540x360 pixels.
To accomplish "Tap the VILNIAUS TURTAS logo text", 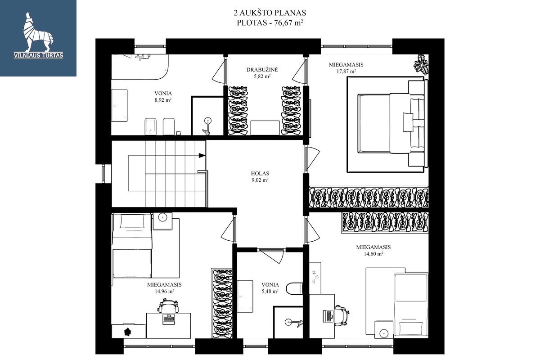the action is point(38,55).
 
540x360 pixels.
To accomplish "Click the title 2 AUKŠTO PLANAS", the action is point(270,13).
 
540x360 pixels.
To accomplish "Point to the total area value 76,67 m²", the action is point(288,22).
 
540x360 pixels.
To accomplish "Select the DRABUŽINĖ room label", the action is point(262,70).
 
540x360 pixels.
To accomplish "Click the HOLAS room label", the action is point(260,173).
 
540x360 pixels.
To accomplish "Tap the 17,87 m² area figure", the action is point(346,72).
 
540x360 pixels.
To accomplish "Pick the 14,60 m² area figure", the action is point(373,254).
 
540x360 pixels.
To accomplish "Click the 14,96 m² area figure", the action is point(164,291).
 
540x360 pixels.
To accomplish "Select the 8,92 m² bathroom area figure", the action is point(163,100).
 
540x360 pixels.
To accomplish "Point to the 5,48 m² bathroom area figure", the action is point(270,291).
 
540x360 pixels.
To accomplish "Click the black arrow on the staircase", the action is point(202,156).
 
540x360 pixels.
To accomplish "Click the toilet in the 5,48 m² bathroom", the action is point(294,288).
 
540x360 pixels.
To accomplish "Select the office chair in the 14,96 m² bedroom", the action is point(168,305).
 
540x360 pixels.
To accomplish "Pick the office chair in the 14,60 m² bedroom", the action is point(342,315).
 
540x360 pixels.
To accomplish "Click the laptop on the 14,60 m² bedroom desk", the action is point(328,316).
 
